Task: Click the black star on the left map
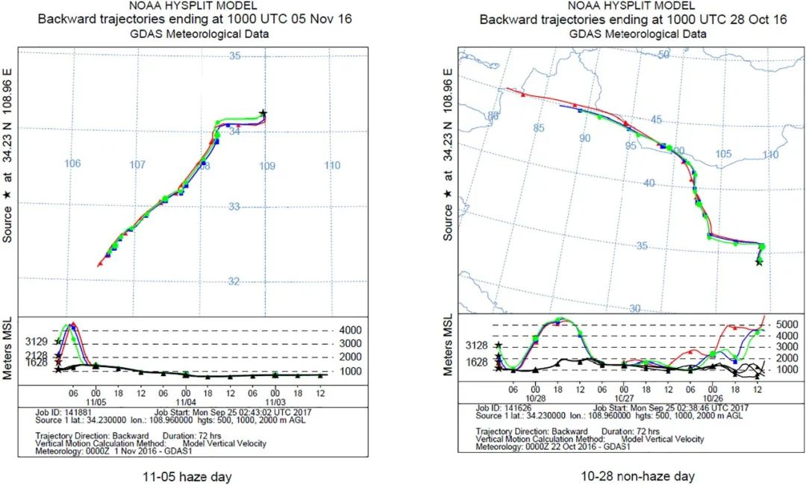point(263,113)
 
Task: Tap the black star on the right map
point(759,262)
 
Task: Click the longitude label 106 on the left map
point(72,164)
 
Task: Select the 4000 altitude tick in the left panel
point(350,330)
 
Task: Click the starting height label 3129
point(39,342)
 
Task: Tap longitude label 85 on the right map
point(540,128)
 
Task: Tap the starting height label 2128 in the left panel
point(39,354)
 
